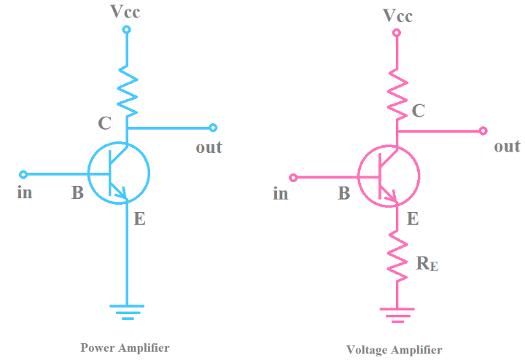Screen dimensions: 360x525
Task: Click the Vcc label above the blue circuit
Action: pos(126,12)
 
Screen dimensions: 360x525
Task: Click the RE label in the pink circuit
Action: pos(427,263)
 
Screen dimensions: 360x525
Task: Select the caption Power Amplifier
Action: pos(125,348)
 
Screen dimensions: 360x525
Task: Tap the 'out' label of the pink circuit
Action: pos(507,146)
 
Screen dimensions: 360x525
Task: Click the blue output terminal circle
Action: pos(213,128)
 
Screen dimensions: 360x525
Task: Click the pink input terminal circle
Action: pos(293,177)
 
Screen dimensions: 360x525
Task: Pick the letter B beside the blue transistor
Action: pos(77,194)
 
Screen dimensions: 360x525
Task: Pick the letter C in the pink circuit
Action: pos(419,111)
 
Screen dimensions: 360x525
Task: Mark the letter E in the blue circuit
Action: pos(139,218)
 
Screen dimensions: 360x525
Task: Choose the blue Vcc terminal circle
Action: pos(126,30)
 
